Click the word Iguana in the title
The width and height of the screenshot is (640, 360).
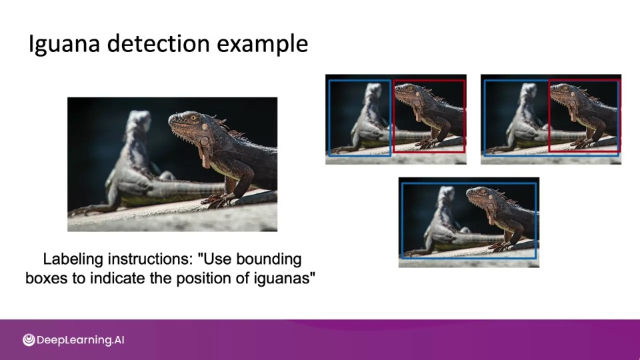[64, 44]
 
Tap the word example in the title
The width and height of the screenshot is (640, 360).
[262, 44]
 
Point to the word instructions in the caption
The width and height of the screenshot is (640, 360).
[150, 259]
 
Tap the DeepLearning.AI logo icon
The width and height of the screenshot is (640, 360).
[29, 339]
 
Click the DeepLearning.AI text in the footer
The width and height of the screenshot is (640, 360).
[81, 340]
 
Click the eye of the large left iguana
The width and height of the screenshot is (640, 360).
[193, 118]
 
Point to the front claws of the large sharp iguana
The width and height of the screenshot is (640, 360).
[215, 200]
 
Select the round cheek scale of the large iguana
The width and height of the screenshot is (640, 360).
[204, 141]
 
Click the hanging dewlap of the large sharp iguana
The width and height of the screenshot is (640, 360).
[205, 157]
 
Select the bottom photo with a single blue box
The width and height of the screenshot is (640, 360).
[469, 223]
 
